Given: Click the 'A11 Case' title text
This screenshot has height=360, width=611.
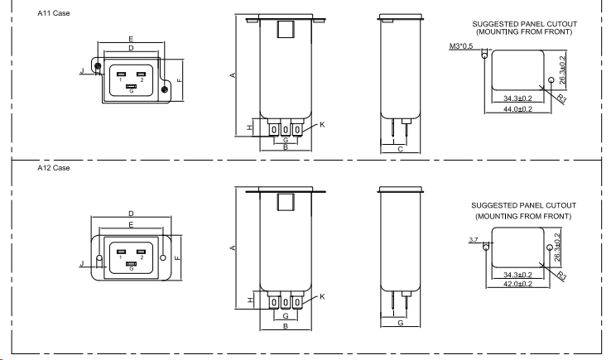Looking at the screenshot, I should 52,13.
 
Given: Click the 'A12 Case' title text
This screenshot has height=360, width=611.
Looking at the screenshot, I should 53,167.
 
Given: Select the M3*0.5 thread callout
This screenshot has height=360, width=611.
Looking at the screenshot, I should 460,46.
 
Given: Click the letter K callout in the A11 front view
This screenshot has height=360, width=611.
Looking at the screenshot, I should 322,124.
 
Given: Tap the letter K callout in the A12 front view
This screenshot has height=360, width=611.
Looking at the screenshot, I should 322,296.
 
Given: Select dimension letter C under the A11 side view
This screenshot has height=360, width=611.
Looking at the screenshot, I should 400,150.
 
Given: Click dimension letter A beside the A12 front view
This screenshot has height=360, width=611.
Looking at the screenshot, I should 233,247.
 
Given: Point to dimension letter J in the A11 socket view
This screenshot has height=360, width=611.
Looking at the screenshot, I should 81,72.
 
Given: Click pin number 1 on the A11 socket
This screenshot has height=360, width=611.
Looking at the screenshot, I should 121,81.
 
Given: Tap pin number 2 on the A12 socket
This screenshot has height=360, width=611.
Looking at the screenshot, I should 142,258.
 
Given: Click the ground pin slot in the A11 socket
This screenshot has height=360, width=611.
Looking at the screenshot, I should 131,85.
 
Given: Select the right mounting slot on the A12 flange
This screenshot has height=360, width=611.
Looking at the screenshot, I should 163,258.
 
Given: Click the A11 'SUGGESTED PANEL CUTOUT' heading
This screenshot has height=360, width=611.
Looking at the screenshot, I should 524,25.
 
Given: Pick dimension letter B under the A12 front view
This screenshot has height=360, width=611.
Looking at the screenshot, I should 285,327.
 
